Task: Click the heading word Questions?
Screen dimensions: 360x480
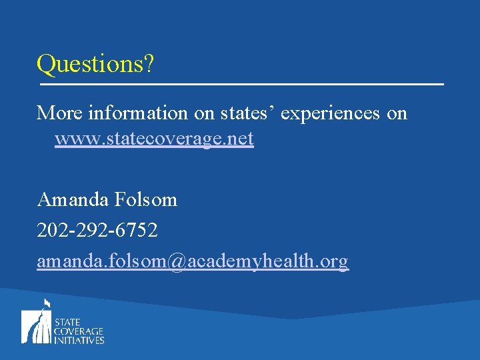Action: pyautogui.click(x=95, y=65)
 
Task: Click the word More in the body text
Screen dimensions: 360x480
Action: pyautogui.click(x=59, y=113)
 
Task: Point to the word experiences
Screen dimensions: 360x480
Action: pyautogui.click(x=331, y=114)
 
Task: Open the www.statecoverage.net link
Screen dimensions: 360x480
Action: pyautogui.click(x=154, y=139)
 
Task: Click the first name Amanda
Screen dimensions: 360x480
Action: pyautogui.click(x=73, y=199)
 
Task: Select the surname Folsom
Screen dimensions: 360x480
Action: pyautogui.click(x=145, y=199)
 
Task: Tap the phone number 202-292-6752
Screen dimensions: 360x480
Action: pyautogui.click(x=97, y=230)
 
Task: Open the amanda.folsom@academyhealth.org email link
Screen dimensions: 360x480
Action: pyautogui.click(x=193, y=261)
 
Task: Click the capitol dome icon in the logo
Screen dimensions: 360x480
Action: pyautogui.click(x=36, y=324)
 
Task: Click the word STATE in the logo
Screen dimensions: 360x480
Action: pyautogui.click(x=68, y=321)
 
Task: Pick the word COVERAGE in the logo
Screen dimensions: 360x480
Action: pyautogui.click(x=79, y=331)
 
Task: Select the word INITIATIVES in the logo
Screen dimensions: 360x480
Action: pyautogui.click(x=79, y=339)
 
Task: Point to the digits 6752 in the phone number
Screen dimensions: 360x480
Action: pyautogui.click(x=137, y=230)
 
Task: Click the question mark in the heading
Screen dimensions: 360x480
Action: pyautogui.click(x=148, y=65)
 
